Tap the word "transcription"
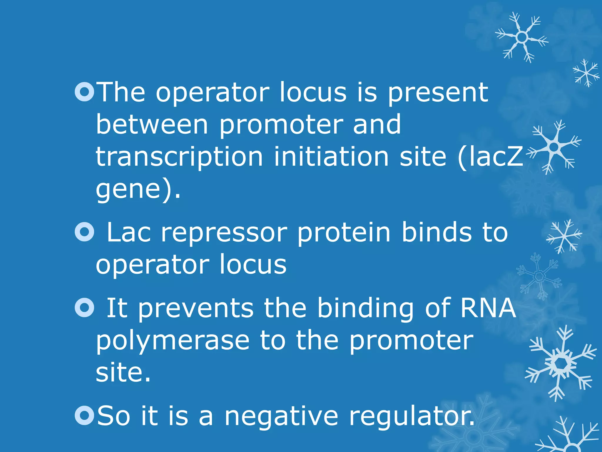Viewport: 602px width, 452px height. tap(179, 157)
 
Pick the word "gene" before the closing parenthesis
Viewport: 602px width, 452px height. tap(128, 190)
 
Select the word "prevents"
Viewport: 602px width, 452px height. tap(196, 309)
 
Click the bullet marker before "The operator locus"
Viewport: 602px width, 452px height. tap(84, 92)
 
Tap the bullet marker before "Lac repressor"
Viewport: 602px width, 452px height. tap(84, 232)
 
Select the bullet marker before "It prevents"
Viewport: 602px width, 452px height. tap(84, 308)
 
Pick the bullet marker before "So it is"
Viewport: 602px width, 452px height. tap(84, 415)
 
